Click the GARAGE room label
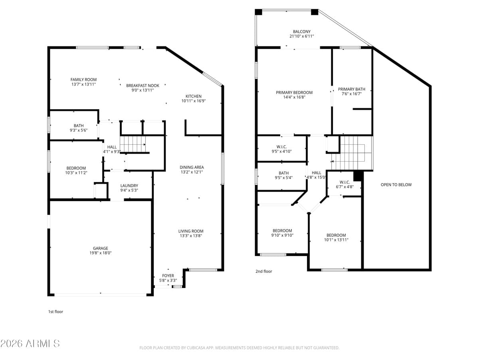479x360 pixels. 101,248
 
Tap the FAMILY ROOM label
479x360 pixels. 83,80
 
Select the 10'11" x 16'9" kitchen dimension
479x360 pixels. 193,101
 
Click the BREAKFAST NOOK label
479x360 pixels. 143,86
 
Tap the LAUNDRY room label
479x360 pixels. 129,186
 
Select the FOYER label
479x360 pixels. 168,276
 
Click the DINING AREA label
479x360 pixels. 192,167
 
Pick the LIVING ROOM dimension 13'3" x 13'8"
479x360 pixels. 191,236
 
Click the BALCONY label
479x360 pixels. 301,32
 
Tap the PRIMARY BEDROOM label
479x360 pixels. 294,92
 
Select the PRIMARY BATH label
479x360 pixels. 351,89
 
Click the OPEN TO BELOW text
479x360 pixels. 396,185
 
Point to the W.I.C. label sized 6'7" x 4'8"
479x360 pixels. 344,182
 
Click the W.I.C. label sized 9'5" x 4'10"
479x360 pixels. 281,147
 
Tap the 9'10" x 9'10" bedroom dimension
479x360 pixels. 282,236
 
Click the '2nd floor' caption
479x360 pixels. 263,272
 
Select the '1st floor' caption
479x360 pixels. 55,312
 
